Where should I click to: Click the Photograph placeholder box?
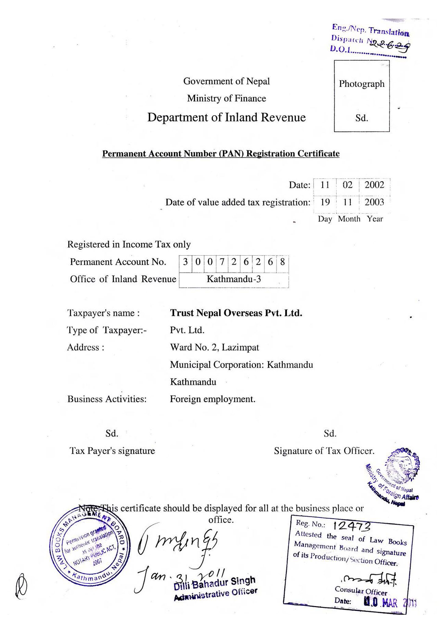tap(361, 96)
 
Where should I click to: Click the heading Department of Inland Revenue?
tap(226, 118)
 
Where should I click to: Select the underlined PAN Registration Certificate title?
tap(221, 153)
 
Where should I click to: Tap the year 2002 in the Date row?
tap(374, 185)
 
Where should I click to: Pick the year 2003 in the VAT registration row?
tap(374, 202)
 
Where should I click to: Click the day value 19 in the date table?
tap(325, 202)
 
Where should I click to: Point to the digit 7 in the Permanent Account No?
tap(222, 262)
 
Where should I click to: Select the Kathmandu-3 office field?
tap(234, 279)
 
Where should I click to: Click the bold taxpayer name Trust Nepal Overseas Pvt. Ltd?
tap(236, 313)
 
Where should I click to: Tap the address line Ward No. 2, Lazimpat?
tap(214, 347)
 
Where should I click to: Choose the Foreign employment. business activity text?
tap(212, 399)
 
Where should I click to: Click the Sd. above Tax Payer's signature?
tap(112, 433)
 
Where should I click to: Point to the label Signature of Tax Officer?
tap(324, 451)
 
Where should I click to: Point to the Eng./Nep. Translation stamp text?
tap(370, 30)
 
